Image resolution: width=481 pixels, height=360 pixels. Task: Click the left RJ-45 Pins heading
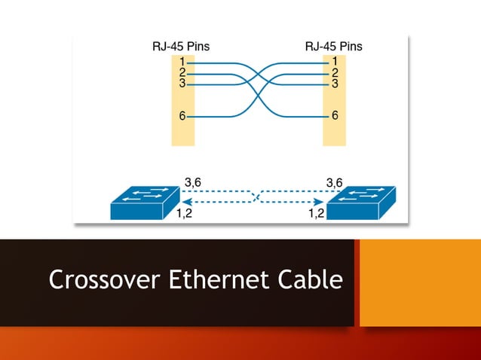[181, 47]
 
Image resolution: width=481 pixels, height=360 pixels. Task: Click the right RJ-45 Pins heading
[333, 47]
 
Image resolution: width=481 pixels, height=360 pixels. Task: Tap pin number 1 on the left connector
[182, 61]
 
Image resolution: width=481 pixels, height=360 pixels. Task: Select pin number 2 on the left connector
[182, 72]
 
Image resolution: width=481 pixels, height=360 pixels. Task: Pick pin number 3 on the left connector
[182, 83]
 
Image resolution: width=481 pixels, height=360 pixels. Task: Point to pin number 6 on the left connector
[182, 117]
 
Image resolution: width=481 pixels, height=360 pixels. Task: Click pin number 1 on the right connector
[334, 61]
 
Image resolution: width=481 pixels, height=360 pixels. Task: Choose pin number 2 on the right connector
[334, 72]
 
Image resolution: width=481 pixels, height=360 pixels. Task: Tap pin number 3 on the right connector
[334, 83]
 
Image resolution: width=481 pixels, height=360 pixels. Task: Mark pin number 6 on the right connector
[334, 117]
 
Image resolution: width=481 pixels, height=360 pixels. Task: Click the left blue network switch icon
[143, 201]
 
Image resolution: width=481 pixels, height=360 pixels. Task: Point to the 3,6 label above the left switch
[193, 182]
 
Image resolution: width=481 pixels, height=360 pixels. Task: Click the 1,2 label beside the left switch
[184, 214]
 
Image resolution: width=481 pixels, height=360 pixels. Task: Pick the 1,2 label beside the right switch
[317, 214]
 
